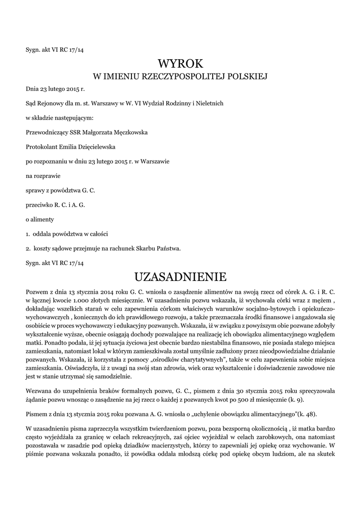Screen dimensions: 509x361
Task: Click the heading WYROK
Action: pos(181,64)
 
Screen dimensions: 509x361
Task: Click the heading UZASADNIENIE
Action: pos(181,276)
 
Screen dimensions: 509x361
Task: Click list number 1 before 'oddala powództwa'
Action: pos(27,234)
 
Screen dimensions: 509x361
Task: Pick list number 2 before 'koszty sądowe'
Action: pos(27,248)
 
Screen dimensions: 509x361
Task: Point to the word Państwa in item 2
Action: pos(169,248)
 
